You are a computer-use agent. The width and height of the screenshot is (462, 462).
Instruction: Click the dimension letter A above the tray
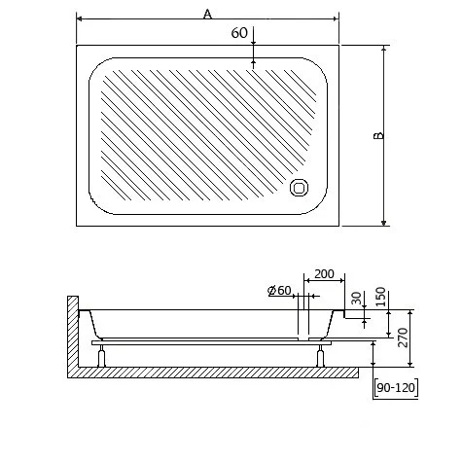pos(207,13)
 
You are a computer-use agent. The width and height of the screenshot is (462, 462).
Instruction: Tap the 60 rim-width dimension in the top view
pos(238,33)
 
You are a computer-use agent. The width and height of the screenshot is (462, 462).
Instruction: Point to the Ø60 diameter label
pos(279,291)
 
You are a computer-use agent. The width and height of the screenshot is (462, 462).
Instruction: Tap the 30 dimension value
pos(356,298)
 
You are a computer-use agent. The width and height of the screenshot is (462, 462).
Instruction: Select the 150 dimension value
pos(380,296)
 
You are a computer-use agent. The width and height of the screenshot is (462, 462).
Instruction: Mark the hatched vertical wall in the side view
pos(71,336)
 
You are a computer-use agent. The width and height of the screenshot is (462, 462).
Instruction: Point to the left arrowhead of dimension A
pos(80,18)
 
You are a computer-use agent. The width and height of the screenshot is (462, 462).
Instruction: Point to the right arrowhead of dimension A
pos(336,18)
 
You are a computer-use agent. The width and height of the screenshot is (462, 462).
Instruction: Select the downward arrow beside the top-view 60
pos(254,40)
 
